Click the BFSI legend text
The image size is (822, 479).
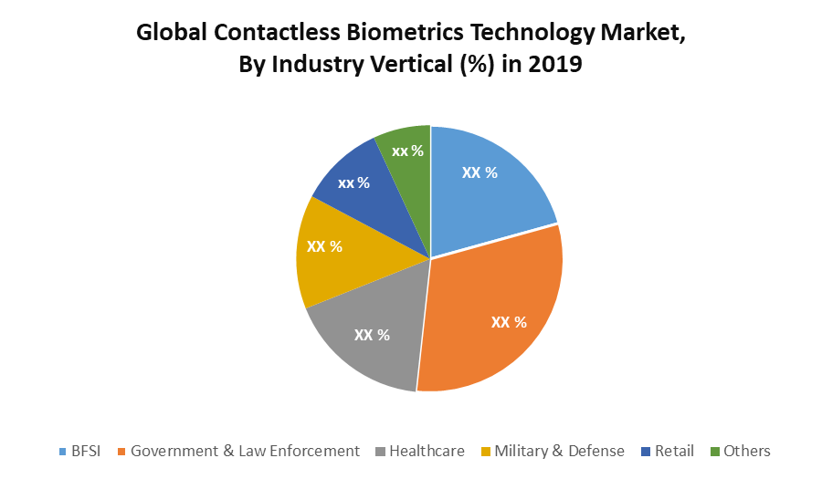coord(88,451)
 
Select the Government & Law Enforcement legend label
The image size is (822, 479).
coord(245,451)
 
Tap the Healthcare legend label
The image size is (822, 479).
coord(427,451)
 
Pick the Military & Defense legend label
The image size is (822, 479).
coord(559,451)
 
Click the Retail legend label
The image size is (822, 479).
coord(674,451)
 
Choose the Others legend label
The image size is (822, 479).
coord(746,451)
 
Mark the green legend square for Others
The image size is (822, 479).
coord(716,452)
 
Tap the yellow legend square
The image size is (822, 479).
coord(486,452)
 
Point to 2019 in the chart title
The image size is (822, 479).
coord(554,65)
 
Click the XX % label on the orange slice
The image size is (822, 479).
coord(509,322)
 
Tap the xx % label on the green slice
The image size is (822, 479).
coord(407,151)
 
